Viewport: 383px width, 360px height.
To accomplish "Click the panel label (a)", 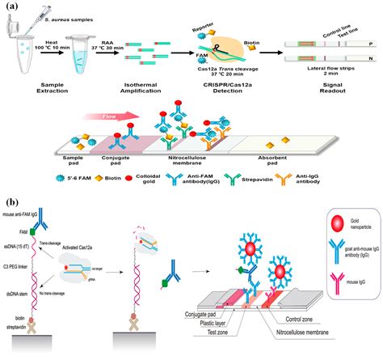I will pos(12,7).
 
